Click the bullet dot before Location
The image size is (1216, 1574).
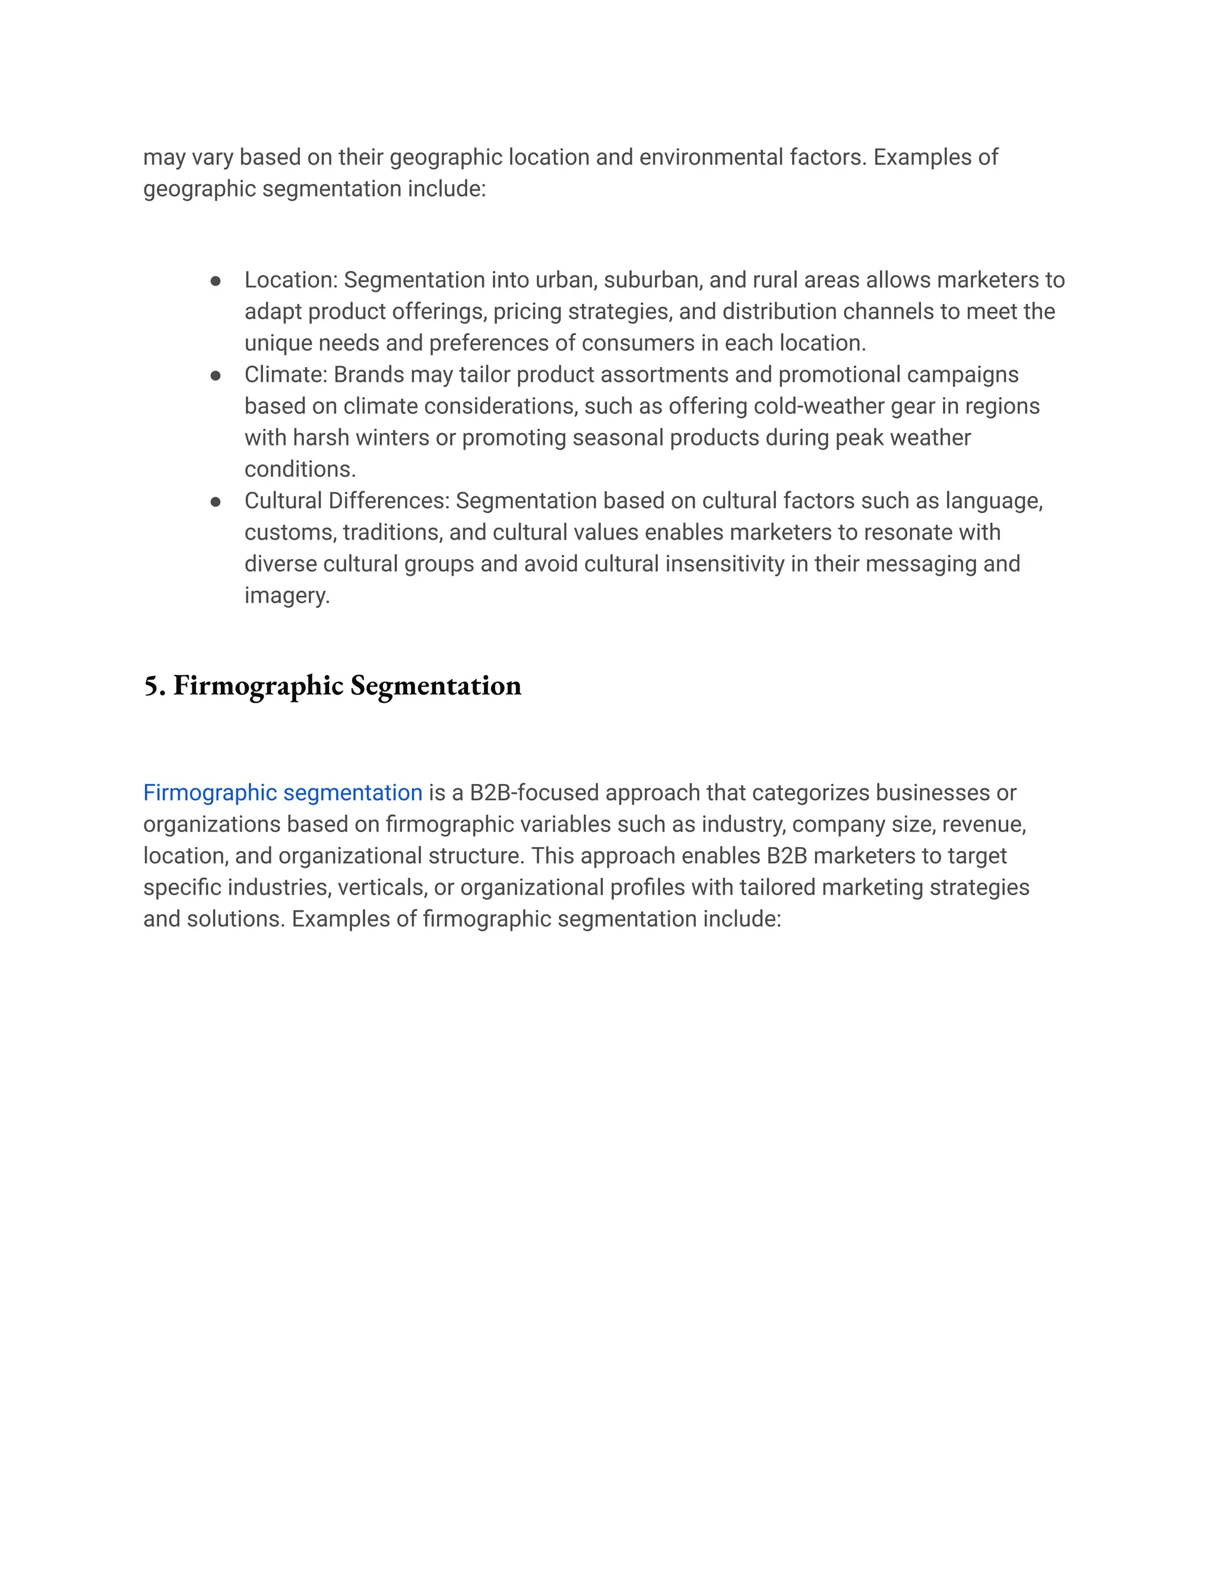tap(216, 281)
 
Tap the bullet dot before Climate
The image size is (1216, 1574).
tap(216, 375)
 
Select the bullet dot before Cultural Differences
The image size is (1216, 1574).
tap(216, 502)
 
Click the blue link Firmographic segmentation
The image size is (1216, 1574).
tap(283, 793)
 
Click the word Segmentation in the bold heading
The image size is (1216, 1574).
tap(436, 685)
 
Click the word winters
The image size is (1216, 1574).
tap(393, 438)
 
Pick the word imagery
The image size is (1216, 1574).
tap(286, 596)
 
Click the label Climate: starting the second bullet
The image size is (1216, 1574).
tap(285, 375)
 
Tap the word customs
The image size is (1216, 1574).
tap(290, 533)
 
